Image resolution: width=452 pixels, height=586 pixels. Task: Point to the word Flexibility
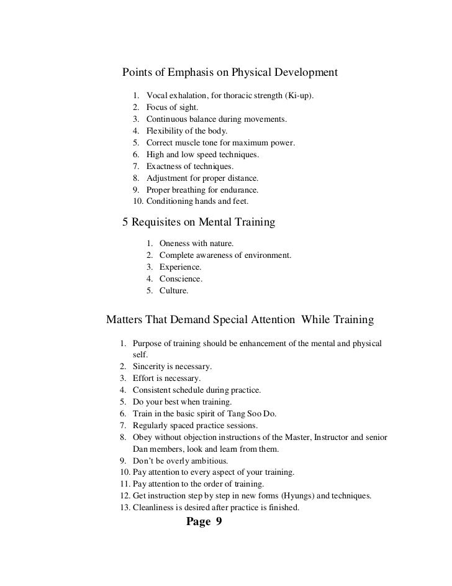(166, 131)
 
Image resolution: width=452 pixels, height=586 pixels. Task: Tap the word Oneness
(176, 243)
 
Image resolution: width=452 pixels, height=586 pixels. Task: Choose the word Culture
(174, 290)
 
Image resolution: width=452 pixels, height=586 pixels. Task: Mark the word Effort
(144, 378)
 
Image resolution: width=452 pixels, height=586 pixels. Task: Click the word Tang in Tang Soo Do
(234, 414)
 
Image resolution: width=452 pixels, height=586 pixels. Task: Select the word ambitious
(208, 460)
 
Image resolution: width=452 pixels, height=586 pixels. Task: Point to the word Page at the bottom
(199, 522)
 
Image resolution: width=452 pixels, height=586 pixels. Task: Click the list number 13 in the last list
(122, 508)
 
